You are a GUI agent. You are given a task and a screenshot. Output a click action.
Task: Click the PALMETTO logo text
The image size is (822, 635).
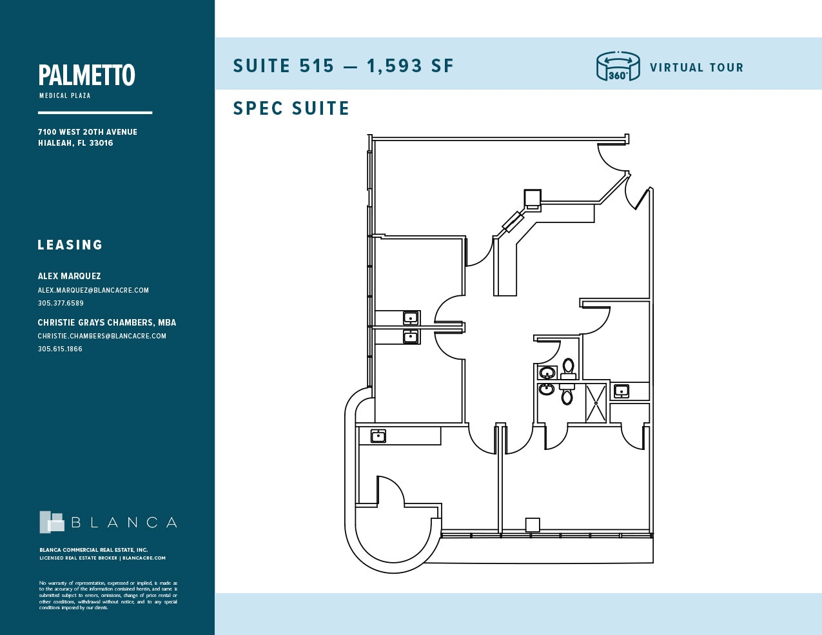click(x=87, y=75)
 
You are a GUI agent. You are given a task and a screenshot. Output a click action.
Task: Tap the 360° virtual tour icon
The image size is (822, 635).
click(x=618, y=66)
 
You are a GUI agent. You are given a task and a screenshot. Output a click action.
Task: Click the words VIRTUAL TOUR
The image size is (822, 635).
click(x=696, y=68)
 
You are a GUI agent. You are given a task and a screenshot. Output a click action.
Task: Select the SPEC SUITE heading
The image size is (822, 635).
click(x=291, y=108)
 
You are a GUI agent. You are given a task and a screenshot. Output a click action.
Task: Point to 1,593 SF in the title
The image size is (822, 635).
click(x=410, y=66)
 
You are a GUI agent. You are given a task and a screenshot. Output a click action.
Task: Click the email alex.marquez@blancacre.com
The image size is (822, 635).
click(x=93, y=290)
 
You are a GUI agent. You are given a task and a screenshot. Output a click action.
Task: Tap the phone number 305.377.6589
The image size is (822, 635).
click(x=61, y=303)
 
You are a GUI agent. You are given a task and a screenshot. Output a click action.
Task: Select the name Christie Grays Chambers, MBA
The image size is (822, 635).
click(x=106, y=322)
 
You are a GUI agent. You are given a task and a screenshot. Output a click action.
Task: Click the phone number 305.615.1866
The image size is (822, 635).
click(x=60, y=349)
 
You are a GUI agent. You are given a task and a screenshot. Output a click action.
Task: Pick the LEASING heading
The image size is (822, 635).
click(x=70, y=245)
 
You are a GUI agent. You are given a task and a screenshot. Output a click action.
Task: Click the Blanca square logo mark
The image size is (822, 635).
click(x=52, y=522)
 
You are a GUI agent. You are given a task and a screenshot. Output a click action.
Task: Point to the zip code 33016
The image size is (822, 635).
click(x=101, y=143)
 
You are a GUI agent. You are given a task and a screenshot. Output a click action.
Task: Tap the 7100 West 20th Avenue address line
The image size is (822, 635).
click(x=88, y=132)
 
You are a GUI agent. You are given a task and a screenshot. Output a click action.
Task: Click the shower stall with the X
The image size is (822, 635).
click(x=596, y=403)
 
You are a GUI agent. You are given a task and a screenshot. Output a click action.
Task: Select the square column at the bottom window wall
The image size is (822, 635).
click(x=533, y=525)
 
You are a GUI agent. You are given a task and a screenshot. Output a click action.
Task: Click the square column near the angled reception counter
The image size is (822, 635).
click(x=532, y=197)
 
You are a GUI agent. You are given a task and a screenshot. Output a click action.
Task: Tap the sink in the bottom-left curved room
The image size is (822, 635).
click(x=378, y=436)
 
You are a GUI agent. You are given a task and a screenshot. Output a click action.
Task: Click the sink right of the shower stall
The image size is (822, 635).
click(x=621, y=391)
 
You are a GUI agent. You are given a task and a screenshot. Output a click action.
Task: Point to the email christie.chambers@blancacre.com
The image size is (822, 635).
click(x=102, y=336)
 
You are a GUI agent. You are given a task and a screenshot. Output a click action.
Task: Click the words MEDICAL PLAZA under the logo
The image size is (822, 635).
click(x=65, y=95)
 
